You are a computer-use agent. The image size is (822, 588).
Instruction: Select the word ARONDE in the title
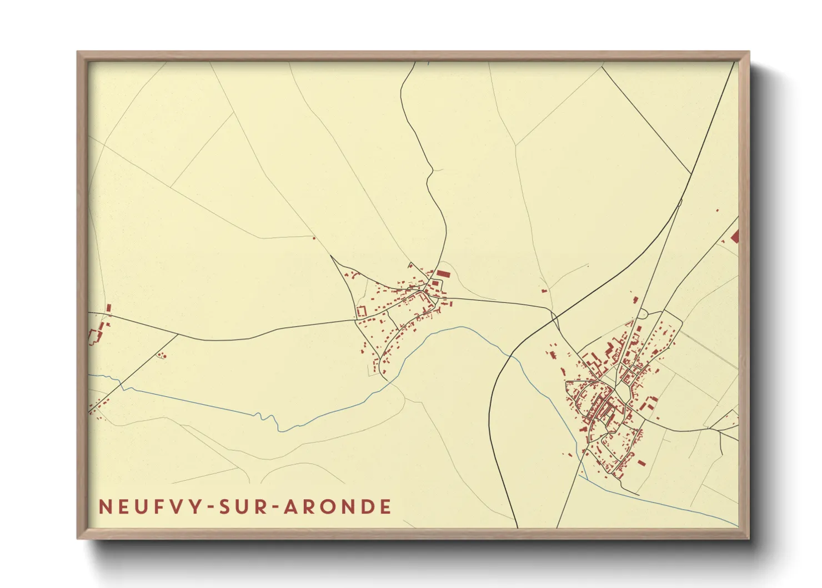(x=338, y=507)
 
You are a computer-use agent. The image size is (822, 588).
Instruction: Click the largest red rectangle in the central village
(x=443, y=273)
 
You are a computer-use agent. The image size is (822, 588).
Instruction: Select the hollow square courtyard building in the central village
(x=362, y=311)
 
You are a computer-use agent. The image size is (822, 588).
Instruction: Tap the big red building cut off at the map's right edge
(x=735, y=237)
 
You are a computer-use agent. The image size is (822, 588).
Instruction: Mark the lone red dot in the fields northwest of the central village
(x=314, y=238)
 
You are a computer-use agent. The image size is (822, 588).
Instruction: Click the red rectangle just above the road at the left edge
(x=109, y=307)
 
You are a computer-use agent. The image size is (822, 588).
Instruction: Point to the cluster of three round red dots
(x=162, y=355)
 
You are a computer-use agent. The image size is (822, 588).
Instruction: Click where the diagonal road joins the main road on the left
(x=178, y=335)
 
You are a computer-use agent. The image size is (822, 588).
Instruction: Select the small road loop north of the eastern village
(x=643, y=314)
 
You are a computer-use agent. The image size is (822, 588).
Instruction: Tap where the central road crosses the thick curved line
(x=553, y=315)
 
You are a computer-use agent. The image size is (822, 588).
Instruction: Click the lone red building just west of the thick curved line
(x=543, y=290)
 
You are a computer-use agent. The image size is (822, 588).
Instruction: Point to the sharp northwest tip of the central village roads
(x=331, y=256)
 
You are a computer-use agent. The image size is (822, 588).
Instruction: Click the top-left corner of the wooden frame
(x=78, y=52)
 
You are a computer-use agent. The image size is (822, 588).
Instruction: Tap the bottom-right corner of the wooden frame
(x=749, y=539)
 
